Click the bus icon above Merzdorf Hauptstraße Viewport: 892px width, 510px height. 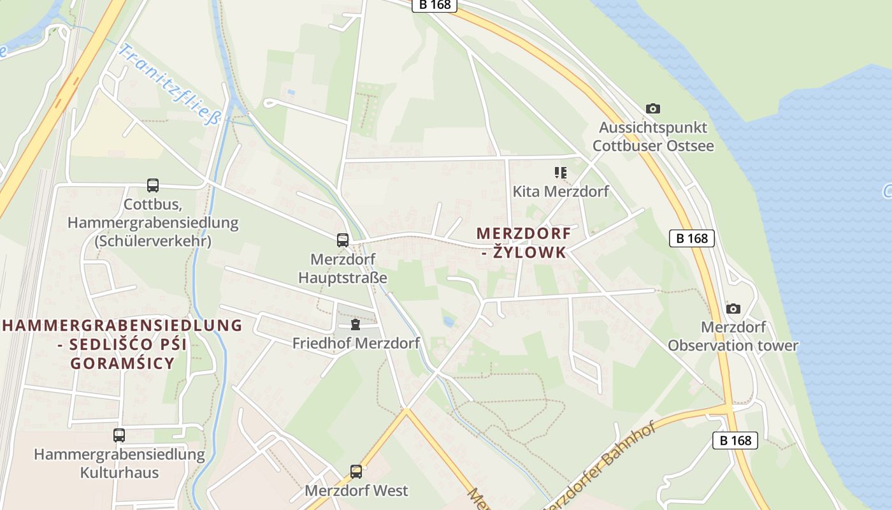[x=343, y=240]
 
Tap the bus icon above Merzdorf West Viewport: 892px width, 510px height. [x=356, y=472]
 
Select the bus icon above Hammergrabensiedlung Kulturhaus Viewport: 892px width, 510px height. [x=119, y=435]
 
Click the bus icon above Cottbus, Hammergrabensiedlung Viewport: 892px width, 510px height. [x=153, y=186]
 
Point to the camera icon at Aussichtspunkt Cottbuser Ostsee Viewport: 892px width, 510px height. [x=653, y=109]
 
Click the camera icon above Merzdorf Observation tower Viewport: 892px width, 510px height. [x=733, y=309]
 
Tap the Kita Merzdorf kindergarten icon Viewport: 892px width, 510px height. [x=561, y=172]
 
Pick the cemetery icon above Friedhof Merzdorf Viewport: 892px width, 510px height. [x=356, y=325]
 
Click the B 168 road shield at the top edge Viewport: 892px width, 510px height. [x=435, y=4]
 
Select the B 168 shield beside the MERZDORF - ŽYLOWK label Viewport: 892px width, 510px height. [x=692, y=238]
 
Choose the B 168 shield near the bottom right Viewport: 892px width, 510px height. [x=735, y=440]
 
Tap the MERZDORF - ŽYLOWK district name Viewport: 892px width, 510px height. [x=524, y=243]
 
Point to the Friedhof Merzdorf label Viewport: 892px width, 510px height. [x=356, y=344]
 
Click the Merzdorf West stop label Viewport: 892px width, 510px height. [x=356, y=490]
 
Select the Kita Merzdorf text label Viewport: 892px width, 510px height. [x=561, y=191]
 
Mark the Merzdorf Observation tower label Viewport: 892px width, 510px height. [x=733, y=337]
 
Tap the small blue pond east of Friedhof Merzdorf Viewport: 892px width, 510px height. [x=449, y=322]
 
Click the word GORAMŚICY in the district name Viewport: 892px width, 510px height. [x=122, y=363]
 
